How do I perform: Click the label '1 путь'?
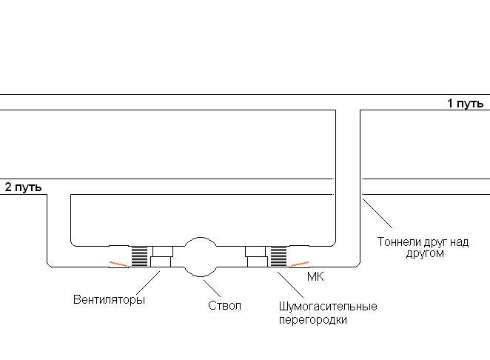(x=465, y=104)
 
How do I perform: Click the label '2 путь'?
(x=23, y=187)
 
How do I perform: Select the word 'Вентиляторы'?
(x=109, y=300)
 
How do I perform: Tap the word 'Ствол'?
(x=225, y=305)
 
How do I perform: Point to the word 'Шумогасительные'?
(x=328, y=307)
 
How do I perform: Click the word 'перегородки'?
(x=312, y=320)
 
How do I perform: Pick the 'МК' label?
(x=315, y=276)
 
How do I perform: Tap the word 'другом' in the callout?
(x=425, y=253)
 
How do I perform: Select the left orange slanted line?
(x=118, y=263)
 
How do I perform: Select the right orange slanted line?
(x=299, y=264)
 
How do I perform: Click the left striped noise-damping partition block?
(x=140, y=256)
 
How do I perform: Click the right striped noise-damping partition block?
(x=278, y=256)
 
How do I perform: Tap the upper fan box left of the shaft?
(x=161, y=251)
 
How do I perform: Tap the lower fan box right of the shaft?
(x=257, y=261)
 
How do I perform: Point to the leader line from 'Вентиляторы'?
(x=150, y=282)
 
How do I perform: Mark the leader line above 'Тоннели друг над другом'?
(x=378, y=214)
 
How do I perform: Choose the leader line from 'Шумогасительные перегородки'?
(x=286, y=284)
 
